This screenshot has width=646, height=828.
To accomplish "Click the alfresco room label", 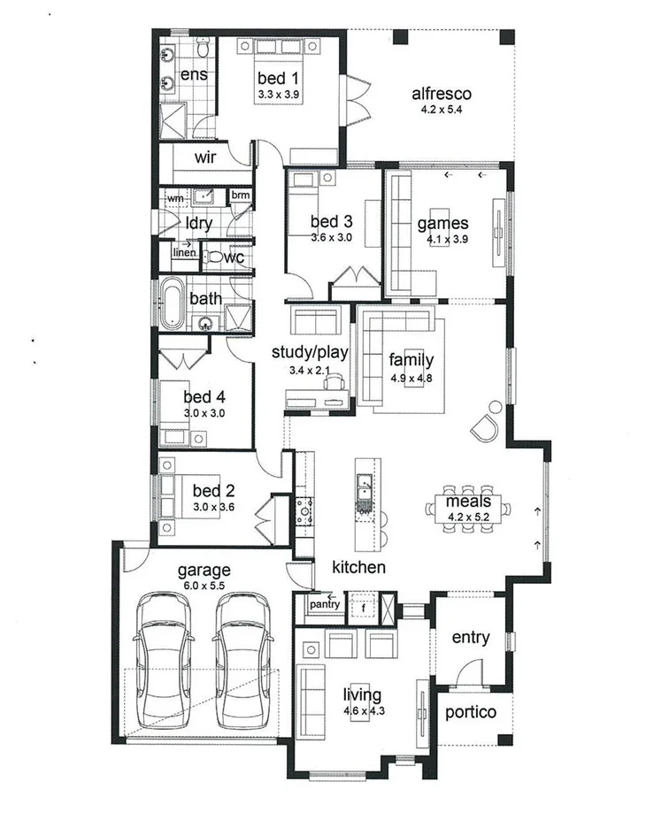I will [441, 94].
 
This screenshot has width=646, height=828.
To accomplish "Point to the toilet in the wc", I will [215, 258].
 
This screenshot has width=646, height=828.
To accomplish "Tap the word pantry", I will [325, 604].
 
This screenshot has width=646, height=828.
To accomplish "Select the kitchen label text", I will [358, 566].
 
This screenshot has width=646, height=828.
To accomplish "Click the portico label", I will [470, 712].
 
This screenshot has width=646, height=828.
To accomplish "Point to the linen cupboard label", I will [183, 252].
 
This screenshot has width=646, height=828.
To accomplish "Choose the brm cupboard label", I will [240, 195].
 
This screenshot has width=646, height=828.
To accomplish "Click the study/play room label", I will [310, 352].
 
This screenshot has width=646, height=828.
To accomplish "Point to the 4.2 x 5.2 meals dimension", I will [468, 517].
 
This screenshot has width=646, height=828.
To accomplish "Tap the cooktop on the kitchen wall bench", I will [305, 508].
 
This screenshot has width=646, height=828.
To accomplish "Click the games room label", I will [442, 223].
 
